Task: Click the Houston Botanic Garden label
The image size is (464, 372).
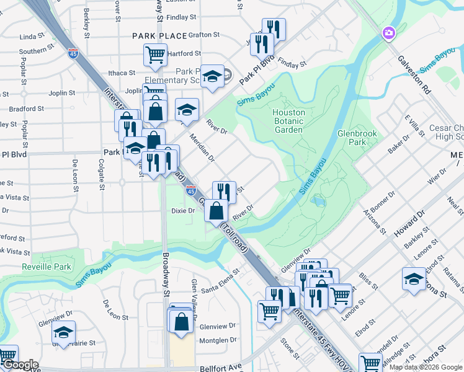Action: tap(288, 121)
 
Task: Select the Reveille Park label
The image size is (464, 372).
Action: tap(47, 267)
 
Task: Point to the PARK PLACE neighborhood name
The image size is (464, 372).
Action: tap(159, 36)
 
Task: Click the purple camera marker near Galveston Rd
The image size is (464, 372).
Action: tap(389, 32)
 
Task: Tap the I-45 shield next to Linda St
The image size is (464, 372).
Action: tap(73, 53)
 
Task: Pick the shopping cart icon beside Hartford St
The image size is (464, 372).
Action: tap(155, 55)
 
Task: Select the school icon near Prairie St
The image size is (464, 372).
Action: tap(63, 332)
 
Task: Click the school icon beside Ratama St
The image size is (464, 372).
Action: tap(414, 279)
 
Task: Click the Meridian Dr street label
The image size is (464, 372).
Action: tap(202, 148)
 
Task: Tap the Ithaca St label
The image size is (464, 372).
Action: tap(121, 73)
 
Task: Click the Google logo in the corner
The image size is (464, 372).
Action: tap(20, 365)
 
